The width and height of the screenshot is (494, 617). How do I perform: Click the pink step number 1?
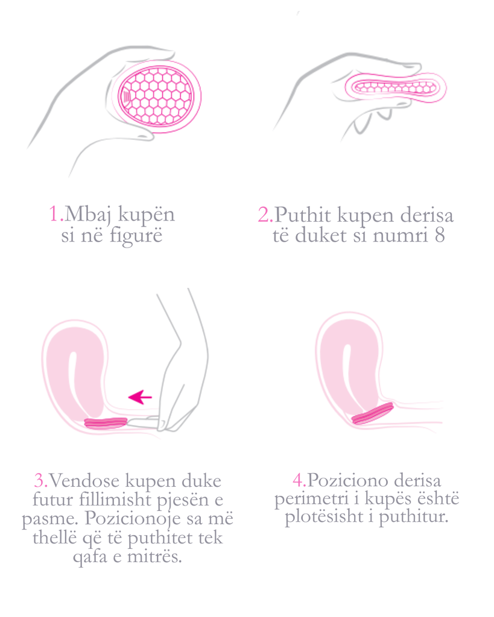(55, 214)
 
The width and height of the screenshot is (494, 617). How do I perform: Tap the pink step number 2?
(264, 215)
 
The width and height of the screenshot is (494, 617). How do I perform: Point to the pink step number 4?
(299, 480)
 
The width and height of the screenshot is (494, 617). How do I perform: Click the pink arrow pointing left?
(141, 396)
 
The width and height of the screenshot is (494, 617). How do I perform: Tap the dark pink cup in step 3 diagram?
(106, 423)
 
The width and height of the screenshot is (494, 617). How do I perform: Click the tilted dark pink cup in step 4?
(372, 415)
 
